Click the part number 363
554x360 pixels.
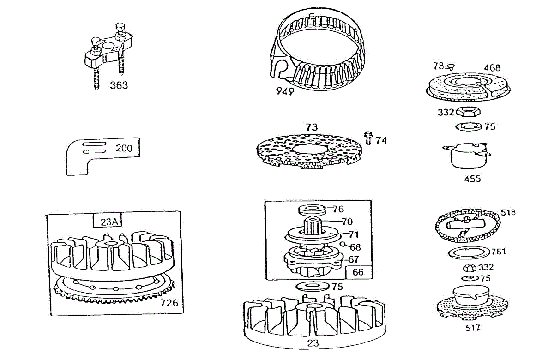tap(119, 85)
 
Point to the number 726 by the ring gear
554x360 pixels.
tap(169, 303)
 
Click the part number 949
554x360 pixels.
tap(285, 91)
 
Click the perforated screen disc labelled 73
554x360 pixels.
tap(307, 150)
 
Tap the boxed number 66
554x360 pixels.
tap(358, 272)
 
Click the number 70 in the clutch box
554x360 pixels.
tap(347, 222)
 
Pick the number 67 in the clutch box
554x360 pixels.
tap(354, 260)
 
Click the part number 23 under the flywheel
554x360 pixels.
tap(313, 343)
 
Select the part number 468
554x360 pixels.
tap(492, 68)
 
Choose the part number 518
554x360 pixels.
tap(508, 213)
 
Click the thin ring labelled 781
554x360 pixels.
tap(469, 253)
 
